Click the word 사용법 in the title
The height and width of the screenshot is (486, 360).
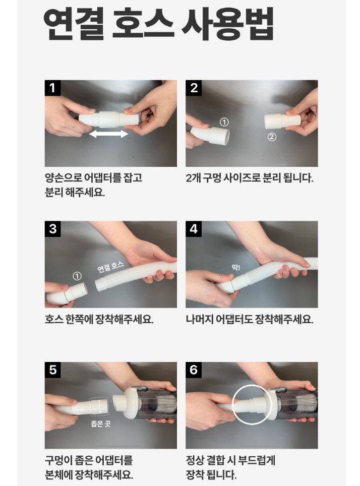point(228,24)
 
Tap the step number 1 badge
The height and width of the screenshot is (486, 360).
point(53,88)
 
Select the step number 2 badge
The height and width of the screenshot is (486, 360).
point(194,88)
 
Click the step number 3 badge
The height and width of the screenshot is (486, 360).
point(53,229)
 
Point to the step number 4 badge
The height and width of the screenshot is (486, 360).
point(194,229)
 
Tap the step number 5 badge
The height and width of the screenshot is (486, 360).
point(53,370)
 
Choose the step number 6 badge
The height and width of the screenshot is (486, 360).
point(194,370)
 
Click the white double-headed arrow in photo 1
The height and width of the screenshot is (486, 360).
point(108,134)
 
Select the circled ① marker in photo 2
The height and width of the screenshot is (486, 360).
point(224,122)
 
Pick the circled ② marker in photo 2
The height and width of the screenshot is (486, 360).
point(272,137)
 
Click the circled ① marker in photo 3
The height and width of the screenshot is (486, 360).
point(77,276)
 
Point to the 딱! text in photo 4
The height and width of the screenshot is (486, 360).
point(236,267)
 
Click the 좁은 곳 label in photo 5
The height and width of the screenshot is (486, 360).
point(101,423)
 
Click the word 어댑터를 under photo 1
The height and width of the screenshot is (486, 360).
point(102,178)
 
